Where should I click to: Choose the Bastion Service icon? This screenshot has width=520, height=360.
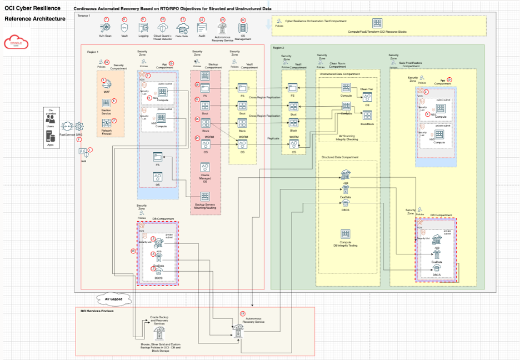click(106, 103)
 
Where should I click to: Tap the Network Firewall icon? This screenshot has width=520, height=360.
click(106, 123)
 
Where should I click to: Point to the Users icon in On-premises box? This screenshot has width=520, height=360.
click(51, 120)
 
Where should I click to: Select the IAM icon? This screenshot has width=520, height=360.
click(82, 152)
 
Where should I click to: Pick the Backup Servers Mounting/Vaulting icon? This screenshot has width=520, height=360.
click(205, 197)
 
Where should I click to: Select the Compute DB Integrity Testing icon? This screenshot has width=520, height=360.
click(345, 235)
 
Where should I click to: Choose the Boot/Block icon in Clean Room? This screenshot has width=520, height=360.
click(367, 116)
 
